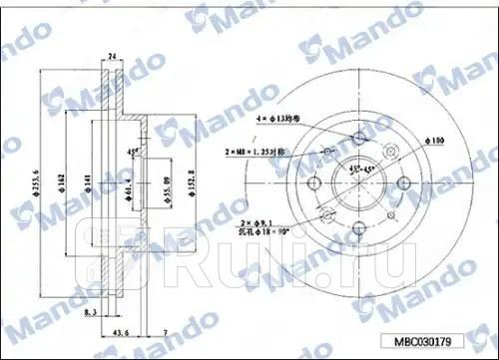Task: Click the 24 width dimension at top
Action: pyautogui.click(x=113, y=57)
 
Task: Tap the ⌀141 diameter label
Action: pyautogui.click(x=86, y=183)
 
